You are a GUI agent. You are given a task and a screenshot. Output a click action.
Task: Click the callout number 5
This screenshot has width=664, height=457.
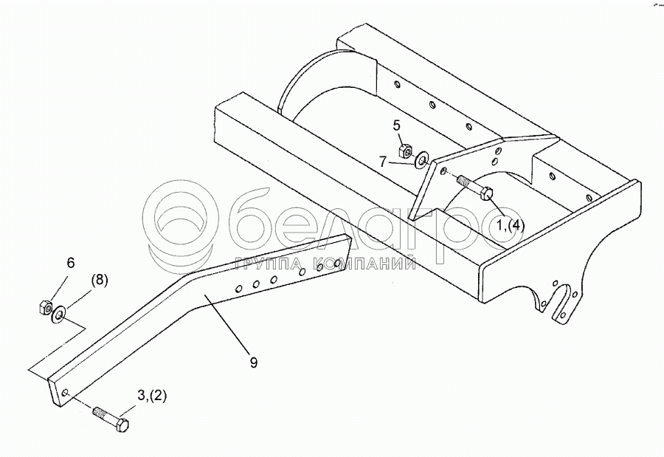395,125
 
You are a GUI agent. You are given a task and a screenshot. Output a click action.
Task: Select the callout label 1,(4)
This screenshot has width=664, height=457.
510,224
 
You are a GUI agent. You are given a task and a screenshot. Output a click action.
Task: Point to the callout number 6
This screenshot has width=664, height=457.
71,262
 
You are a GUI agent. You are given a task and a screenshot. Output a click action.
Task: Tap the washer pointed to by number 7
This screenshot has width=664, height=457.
423,158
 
